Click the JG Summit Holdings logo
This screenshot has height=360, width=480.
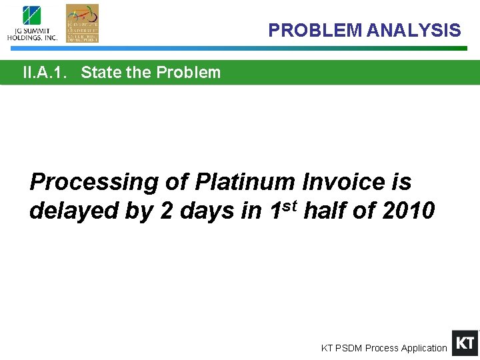click(32, 23)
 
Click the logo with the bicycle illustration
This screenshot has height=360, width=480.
click(82, 23)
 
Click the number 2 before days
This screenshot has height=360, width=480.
click(167, 211)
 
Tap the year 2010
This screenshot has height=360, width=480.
click(409, 211)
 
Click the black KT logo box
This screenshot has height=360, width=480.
click(465, 343)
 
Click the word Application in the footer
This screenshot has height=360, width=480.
click(425, 348)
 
